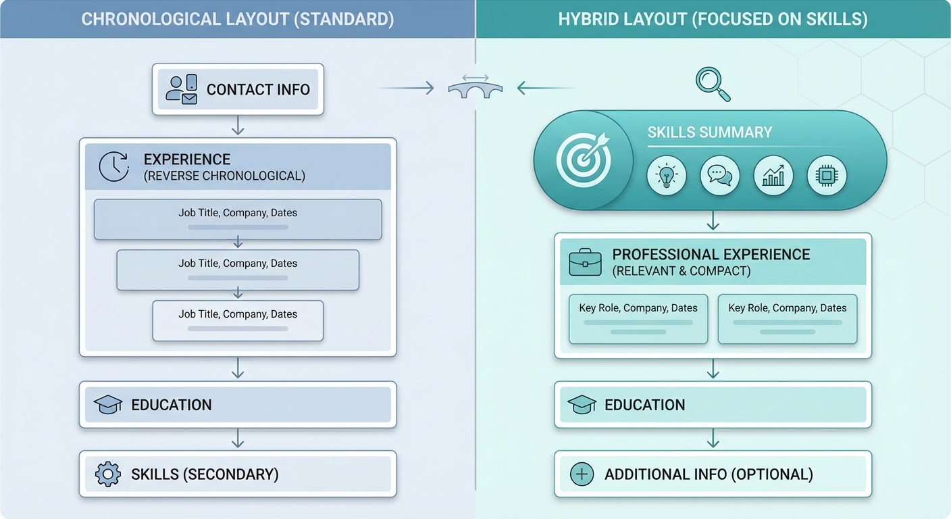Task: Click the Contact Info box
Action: (x=238, y=89)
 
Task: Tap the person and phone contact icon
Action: (x=181, y=89)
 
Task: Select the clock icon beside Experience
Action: (x=113, y=166)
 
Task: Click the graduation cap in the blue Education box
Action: (x=108, y=405)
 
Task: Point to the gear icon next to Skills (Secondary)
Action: (x=108, y=474)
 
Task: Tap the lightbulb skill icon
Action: (x=667, y=176)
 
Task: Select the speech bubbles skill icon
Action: (x=720, y=176)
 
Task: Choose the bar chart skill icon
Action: (x=773, y=176)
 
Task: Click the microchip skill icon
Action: (x=827, y=176)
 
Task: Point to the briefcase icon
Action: (x=585, y=262)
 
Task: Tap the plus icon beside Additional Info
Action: (x=582, y=474)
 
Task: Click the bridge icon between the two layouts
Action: (x=475, y=88)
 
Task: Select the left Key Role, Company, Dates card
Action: (x=638, y=318)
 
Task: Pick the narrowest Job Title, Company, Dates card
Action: (x=238, y=320)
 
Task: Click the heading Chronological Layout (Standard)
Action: (x=238, y=18)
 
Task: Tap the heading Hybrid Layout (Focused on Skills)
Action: (x=713, y=18)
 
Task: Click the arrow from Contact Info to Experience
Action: (x=238, y=126)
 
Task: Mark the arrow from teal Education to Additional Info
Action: (x=713, y=439)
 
